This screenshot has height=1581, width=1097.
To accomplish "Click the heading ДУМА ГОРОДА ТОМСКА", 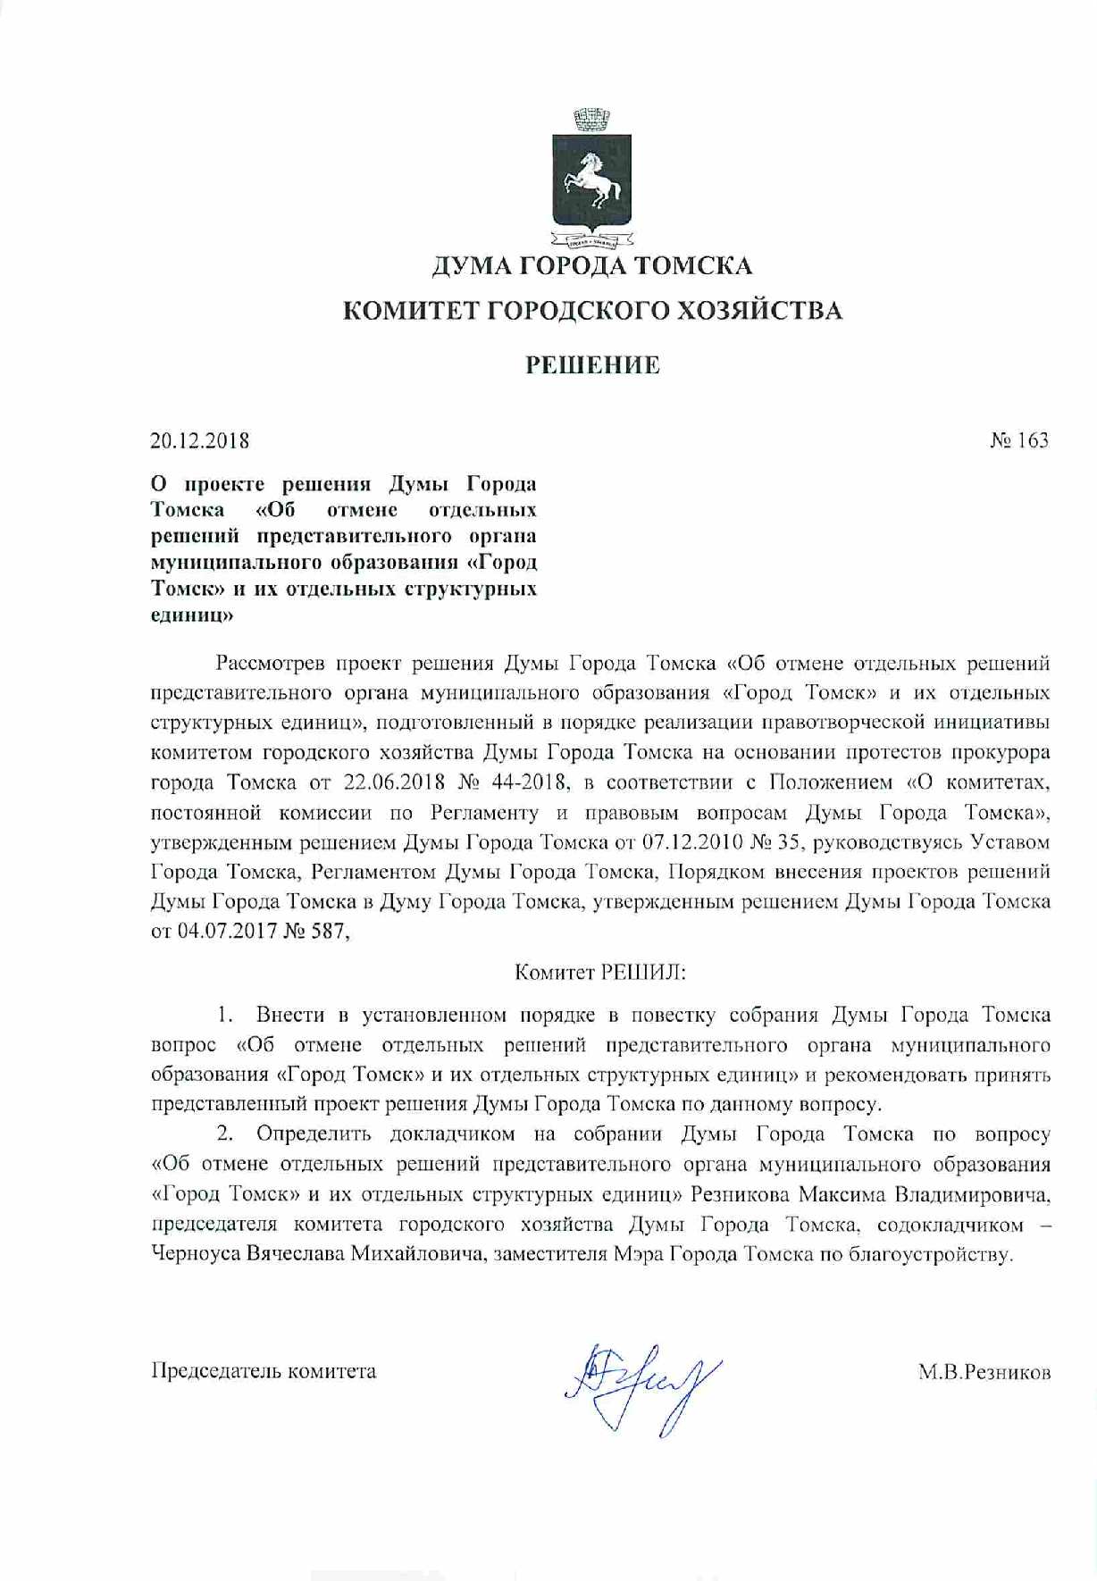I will [x=591, y=265].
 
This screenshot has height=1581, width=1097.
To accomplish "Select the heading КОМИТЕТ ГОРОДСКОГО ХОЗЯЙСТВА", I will [x=592, y=311].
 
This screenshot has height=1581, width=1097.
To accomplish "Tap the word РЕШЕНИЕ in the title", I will [x=592, y=364].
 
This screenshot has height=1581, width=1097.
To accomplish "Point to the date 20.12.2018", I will [x=199, y=440].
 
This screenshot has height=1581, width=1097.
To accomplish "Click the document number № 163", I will [x=1019, y=440].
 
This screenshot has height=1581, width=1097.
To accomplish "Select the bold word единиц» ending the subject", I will [x=192, y=615].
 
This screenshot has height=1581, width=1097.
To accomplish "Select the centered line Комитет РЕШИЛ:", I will [x=600, y=973].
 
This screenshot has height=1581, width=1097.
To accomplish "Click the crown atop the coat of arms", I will [x=590, y=117].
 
